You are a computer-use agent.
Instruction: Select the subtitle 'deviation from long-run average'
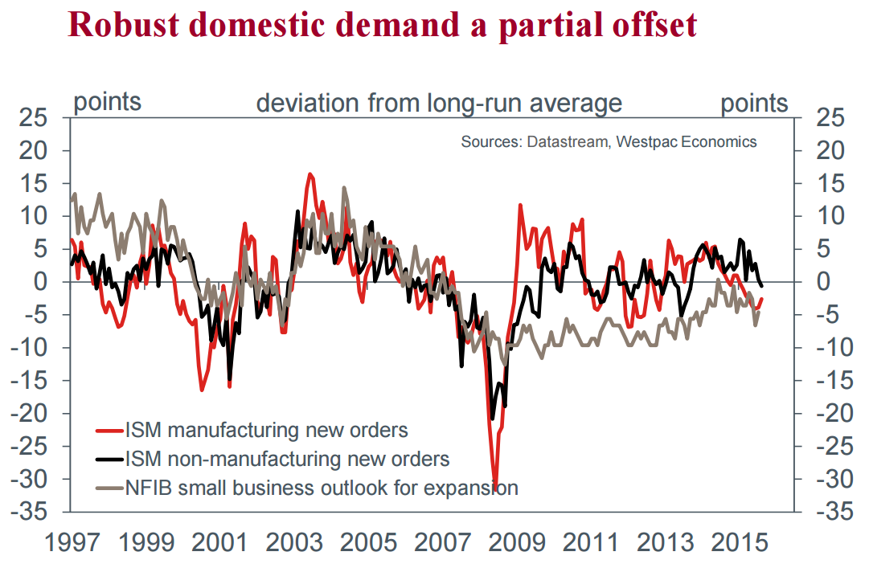pyautogui.click(x=438, y=104)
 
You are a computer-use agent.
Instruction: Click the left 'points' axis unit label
pyautogui.click(x=107, y=102)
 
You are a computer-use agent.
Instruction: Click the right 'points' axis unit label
pyautogui.click(x=754, y=103)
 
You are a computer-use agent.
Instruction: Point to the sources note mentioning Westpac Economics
pyautogui.click(x=609, y=142)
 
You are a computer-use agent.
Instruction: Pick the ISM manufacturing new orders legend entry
pyautogui.click(x=266, y=430)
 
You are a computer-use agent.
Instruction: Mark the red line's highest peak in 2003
pyautogui.click(x=310, y=174)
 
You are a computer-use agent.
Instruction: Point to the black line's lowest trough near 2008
pyautogui.click(x=493, y=419)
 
